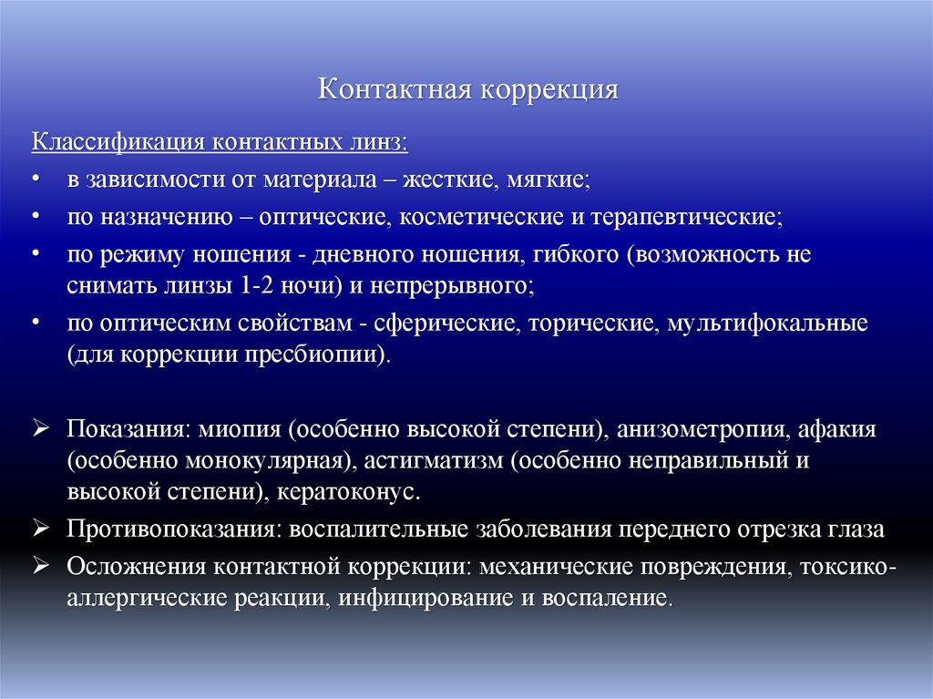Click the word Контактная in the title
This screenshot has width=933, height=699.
393,90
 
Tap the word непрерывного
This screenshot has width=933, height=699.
452,284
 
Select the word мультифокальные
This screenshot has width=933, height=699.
767,324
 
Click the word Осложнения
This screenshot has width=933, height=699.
137,566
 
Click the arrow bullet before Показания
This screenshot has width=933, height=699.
39,427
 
